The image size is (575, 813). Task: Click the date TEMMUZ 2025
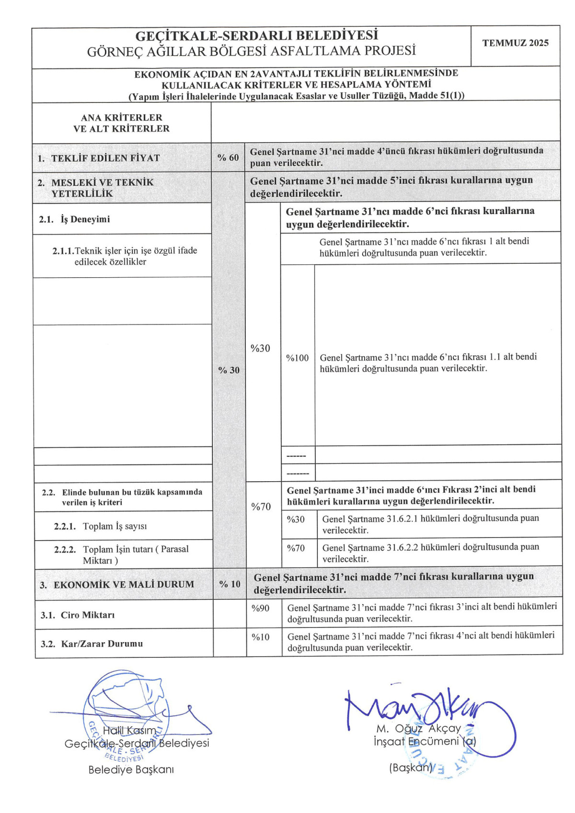(x=515, y=43)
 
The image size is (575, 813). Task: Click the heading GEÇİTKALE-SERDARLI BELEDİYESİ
(x=256, y=35)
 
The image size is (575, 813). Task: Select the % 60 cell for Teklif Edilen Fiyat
(x=228, y=158)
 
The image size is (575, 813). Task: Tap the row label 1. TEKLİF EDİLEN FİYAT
(x=99, y=158)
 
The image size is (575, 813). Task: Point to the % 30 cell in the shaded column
(x=229, y=370)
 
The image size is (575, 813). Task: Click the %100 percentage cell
(x=297, y=358)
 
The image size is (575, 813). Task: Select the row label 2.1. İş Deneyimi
(x=74, y=219)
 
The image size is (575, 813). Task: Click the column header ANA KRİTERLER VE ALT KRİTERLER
(x=121, y=123)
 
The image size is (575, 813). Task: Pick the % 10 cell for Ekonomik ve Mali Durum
(x=230, y=584)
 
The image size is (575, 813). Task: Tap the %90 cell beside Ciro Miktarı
(x=261, y=608)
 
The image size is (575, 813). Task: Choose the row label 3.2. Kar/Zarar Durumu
(x=92, y=644)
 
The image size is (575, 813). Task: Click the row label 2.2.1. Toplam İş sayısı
(x=100, y=526)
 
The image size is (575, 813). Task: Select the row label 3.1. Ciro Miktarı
(x=78, y=615)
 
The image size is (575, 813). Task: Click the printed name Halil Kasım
(x=129, y=730)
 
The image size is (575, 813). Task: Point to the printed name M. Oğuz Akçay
(x=418, y=728)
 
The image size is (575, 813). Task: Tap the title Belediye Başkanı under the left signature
(x=131, y=769)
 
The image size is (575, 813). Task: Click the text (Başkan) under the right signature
(x=410, y=767)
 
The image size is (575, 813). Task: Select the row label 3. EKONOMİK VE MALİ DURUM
(x=117, y=585)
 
